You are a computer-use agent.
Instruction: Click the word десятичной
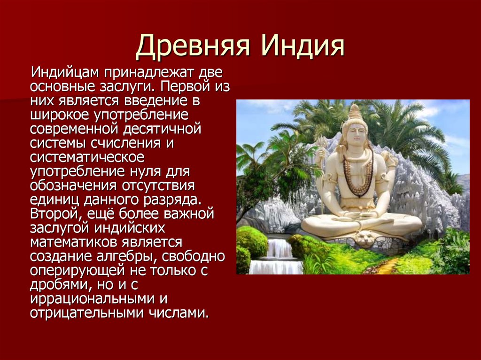(x=162, y=129)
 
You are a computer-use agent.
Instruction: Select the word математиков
(x=74, y=242)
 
